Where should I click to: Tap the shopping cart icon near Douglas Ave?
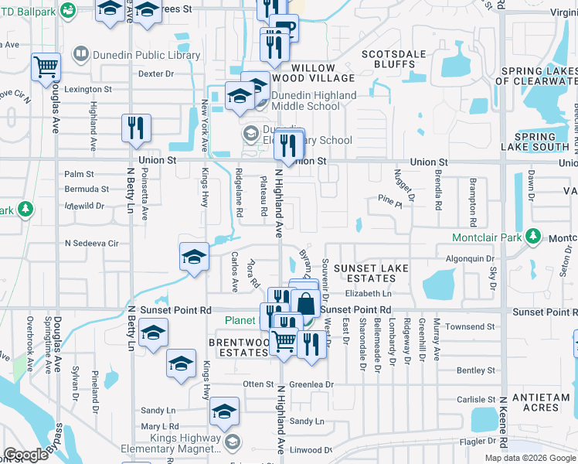pos(46,67)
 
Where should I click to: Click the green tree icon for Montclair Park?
pos(532,236)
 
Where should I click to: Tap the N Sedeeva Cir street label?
pos(92,244)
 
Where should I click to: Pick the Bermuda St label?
pos(87,189)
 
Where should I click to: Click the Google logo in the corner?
pos(26,454)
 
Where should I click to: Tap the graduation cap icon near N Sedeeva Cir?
pos(193,258)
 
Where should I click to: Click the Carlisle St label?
pos(475,400)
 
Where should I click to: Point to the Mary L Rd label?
pos(160,426)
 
